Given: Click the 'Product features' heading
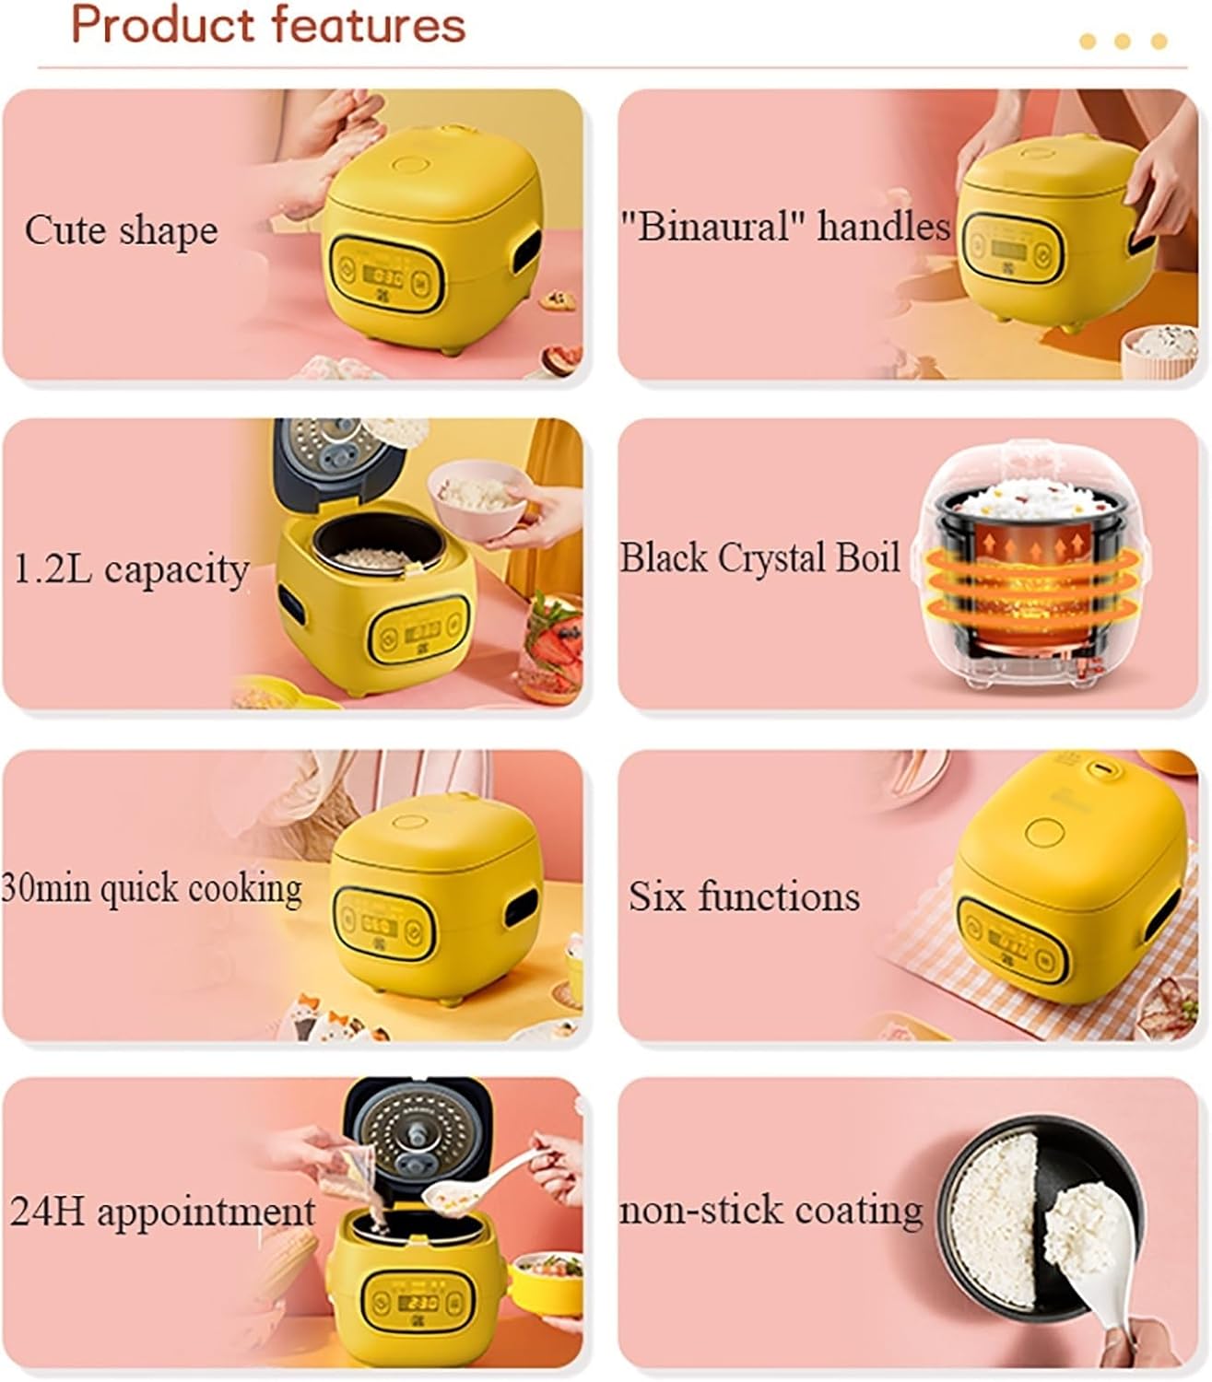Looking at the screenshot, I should click(x=268, y=25).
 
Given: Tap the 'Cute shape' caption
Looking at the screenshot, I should click(x=121, y=230).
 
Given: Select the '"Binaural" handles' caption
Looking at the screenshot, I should click(x=783, y=227).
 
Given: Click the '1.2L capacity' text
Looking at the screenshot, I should click(x=130, y=569).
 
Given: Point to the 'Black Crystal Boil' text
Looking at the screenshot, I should click(x=759, y=558).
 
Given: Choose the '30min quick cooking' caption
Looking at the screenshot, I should click(x=152, y=889).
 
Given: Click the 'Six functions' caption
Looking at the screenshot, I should click(x=744, y=896).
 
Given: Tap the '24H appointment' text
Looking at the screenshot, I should click(x=162, y=1212).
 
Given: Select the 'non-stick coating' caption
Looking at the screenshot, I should click(x=771, y=1211).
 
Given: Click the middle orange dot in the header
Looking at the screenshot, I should click(x=1123, y=41).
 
